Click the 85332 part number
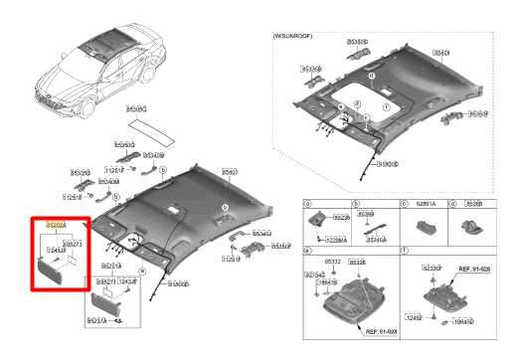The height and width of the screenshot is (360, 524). click(x=334, y=262)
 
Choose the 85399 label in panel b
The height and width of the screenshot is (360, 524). click(x=366, y=214)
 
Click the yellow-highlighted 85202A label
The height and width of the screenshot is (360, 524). click(x=54, y=227)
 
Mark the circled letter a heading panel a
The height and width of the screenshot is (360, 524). click(x=308, y=204)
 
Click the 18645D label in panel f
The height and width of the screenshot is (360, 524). click(x=461, y=322)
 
